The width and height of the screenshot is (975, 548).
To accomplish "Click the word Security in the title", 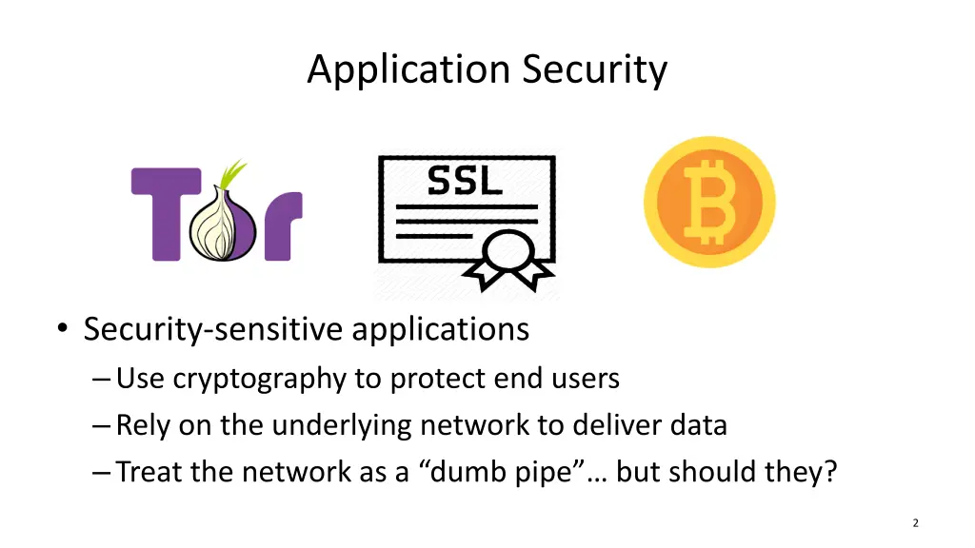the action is (594, 69).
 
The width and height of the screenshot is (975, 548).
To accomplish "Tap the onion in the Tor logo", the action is (222, 225).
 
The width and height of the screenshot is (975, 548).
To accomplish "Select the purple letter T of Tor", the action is (166, 214).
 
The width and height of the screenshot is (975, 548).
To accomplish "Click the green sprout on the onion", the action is (230, 174).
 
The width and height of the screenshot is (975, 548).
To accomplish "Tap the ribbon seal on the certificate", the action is (509, 261).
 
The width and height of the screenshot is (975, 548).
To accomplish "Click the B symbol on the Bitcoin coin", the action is (709, 202).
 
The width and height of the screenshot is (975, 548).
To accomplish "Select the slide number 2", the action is (915, 523).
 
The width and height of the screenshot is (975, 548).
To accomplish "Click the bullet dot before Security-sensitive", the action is (62, 327).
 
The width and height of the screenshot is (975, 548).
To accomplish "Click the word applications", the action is (440, 330).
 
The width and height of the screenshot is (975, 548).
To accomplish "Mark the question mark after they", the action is (830, 472).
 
